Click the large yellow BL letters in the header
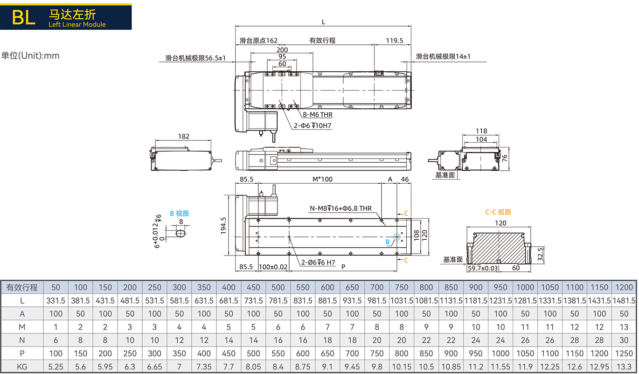coord(24,17)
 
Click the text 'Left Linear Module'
coord(77,25)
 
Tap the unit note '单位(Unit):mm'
coord(30,55)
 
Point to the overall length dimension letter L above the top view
coord(323,22)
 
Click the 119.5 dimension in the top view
coord(395,41)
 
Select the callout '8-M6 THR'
coord(318,115)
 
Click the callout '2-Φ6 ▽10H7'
coord(313,125)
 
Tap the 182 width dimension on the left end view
coord(184,136)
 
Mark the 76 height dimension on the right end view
coord(505,158)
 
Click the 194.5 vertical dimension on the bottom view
coord(223,226)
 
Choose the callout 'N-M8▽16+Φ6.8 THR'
coord(340,208)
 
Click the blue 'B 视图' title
coord(179,214)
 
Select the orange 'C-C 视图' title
coord(498,212)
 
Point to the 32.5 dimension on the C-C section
coord(540,254)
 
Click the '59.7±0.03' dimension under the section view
coord(483,268)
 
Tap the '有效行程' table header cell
coord(22,287)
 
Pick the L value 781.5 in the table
coord(278,301)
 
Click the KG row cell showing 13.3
coord(624,367)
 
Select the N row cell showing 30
coord(624,340)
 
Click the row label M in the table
coord(22,327)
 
